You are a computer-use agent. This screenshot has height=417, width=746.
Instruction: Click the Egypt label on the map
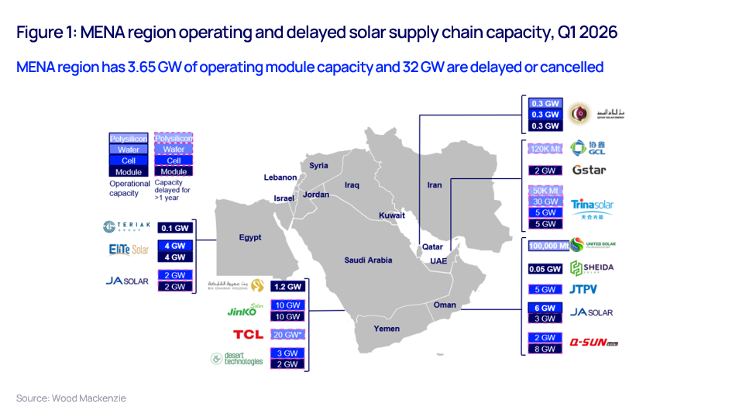(250, 237)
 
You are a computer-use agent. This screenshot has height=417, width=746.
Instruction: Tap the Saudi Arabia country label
(368, 260)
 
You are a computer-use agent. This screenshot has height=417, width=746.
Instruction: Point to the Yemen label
(387, 329)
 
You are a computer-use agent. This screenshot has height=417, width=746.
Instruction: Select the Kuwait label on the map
(392, 215)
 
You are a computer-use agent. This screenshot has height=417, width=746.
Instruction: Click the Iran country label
(435, 185)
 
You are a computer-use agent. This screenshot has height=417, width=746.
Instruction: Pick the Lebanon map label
(280, 177)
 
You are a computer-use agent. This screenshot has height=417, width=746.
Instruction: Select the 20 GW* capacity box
(288, 335)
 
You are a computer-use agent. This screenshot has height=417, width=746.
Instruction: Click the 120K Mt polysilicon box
(544, 148)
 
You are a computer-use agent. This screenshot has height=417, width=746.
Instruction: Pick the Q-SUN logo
(593, 342)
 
